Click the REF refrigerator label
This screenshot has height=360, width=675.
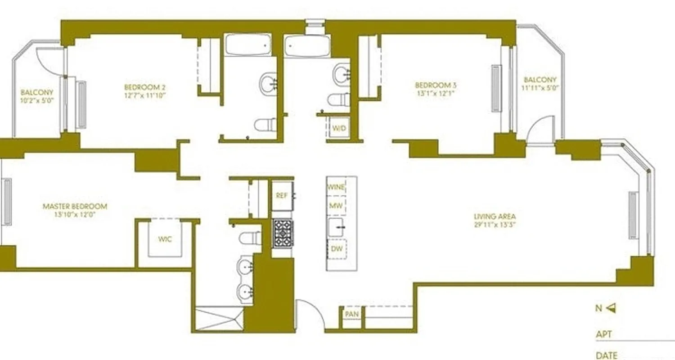[x=282, y=195]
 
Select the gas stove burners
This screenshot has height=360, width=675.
[x=283, y=233]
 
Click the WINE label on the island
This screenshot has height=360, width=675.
[x=336, y=187]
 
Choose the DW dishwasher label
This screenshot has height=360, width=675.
[x=336, y=249]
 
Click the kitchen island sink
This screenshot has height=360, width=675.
[x=337, y=227]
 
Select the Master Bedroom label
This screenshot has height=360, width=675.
[x=75, y=207]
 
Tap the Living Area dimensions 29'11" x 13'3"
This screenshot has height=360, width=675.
[x=494, y=224]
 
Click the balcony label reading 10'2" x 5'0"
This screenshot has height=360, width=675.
[x=37, y=101]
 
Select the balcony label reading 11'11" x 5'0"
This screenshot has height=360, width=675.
[x=540, y=88]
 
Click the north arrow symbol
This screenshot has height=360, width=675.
[x=611, y=308]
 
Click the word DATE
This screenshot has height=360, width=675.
[x=606, y=355]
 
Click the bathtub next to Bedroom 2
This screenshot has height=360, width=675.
[x=248, y=44]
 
